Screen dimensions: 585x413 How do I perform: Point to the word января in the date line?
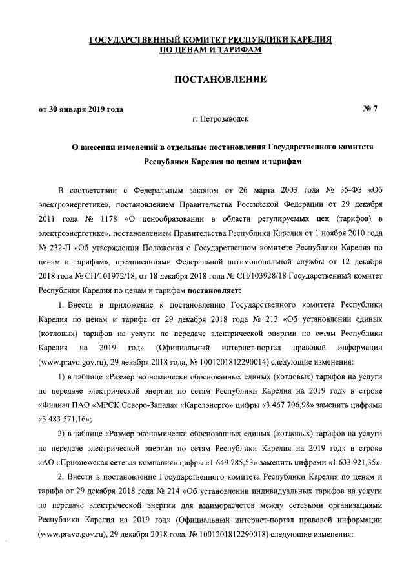(78, 109)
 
